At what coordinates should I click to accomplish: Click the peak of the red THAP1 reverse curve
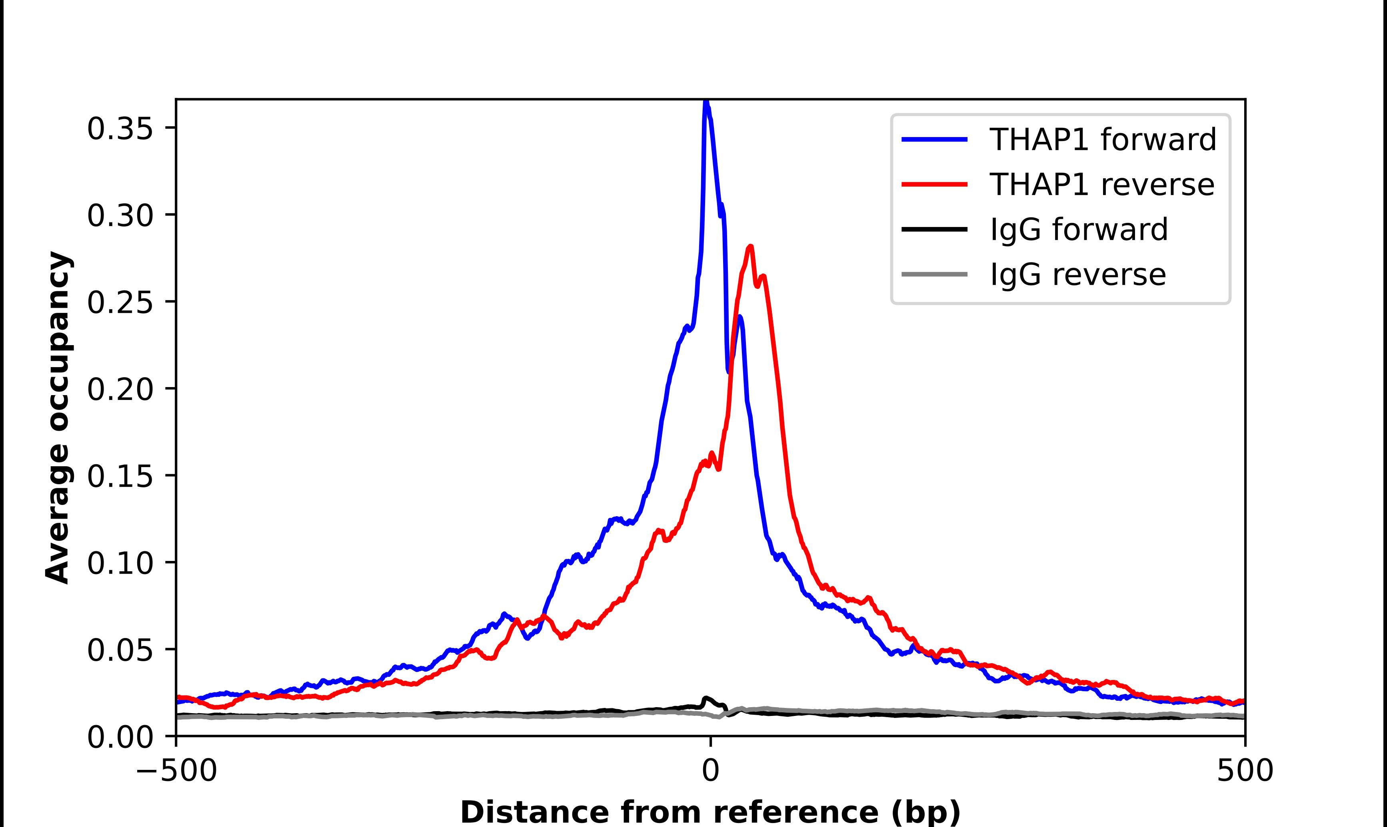[x=750, y=247]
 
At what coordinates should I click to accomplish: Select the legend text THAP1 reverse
[x=1101, y=185]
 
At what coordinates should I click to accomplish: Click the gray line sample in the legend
[x=934, y=274]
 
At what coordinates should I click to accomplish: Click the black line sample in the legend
[x=934, y=229]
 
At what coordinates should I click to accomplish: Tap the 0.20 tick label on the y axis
[x=120, y=389]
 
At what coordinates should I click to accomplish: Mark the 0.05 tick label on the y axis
[x=120, y=650]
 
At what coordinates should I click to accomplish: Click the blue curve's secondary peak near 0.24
[x=739, y=318]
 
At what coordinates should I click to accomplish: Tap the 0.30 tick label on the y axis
[x=120, y=216]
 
